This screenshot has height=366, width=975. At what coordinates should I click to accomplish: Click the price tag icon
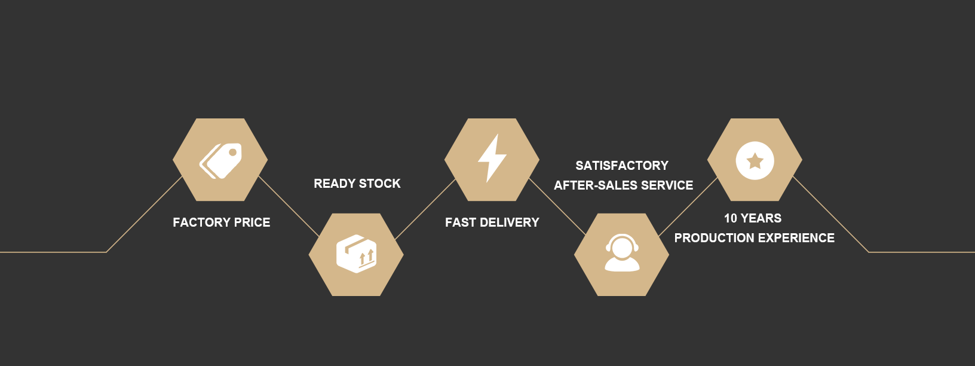[x=220, y=160]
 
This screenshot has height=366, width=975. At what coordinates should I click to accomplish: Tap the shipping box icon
[x=356, y=254]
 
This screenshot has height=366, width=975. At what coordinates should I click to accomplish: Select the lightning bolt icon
[x=492, y=158]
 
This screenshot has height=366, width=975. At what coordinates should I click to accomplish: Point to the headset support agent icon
[x=622, y=254]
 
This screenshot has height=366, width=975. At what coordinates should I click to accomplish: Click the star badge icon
[x=755, y=160]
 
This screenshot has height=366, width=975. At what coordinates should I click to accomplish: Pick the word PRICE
[x=252, y=222]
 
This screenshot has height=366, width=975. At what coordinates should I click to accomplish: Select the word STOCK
[x=380, y=184]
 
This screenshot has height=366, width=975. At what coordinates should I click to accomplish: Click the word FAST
[x=461, y=222]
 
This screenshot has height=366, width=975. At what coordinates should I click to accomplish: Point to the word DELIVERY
[x=510, y=222]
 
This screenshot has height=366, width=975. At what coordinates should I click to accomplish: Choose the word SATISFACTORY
[x=622, y=166]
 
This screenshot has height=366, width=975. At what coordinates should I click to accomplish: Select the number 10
[x=730, y=218]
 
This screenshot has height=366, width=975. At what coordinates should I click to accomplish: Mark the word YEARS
[x=761, y=218]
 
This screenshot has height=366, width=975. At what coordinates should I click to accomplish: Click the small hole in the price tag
[x=233, y=152]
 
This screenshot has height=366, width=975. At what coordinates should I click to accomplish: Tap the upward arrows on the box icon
[x=366, y=257]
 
